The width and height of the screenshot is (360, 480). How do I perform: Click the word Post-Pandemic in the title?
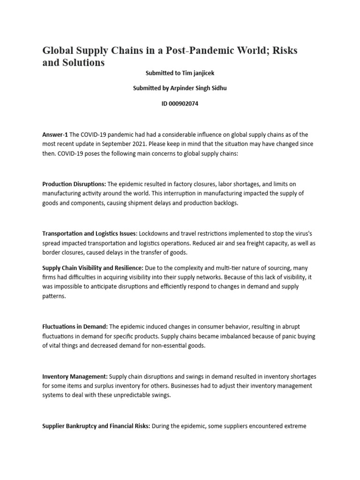point(188,51)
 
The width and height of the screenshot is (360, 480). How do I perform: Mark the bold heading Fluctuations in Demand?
point(75,327)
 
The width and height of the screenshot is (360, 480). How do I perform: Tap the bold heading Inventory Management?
point(75,376)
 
